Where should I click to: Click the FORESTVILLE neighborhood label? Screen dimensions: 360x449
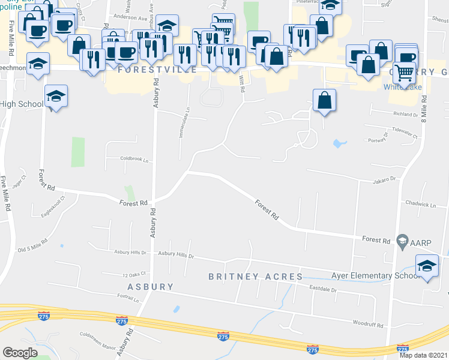(157, 70)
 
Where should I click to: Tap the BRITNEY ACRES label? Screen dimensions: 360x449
(255, 277)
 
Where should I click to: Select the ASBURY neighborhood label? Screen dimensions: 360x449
(150, 287)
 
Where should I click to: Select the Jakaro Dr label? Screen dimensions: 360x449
(385, 179)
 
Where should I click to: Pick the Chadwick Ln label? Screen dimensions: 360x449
(420, 204)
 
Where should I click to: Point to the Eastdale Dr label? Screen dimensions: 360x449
(325, 290)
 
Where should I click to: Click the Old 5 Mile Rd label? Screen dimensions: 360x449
(32, 247)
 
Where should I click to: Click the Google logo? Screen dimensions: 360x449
(20, 353)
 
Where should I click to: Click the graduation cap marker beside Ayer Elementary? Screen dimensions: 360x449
(427, 266)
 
